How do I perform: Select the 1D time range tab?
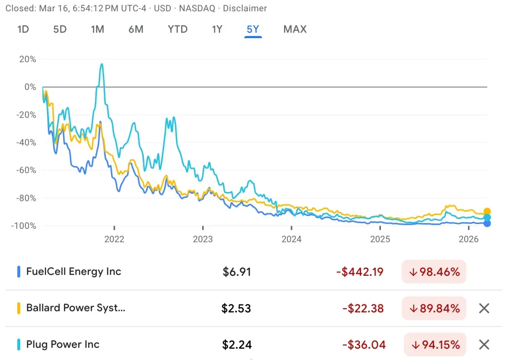tap(23, 30)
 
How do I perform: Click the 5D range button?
tap(60, 30)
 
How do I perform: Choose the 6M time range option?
tap(136, 30)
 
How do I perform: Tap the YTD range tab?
tap(177, 30)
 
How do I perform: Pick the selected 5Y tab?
tap(253, 30)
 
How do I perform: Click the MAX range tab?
tap(295, 30)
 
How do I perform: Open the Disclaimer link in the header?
tap(245, 8)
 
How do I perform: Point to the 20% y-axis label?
tap(28, 59)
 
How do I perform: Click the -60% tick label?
tap(26, 170)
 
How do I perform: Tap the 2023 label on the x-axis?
tap(203, 239)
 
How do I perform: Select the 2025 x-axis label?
tap(380, 239)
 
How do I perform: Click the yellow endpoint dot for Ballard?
tap(487, 211)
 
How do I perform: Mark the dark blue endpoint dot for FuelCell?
tap(487, 224)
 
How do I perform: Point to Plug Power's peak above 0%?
tap(102, 64)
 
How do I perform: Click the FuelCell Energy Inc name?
tap(73, 272)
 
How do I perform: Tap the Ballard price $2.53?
tap(236, 308)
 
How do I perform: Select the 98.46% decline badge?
tap(434, 272)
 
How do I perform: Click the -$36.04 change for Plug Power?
tap(364, 344)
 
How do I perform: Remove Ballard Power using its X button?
tap(484, 308)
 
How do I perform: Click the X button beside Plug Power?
tap(484, 344)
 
